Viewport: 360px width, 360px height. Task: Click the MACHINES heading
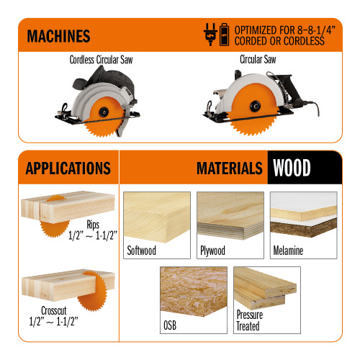tap(58, 35)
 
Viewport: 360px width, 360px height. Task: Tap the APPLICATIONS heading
tap(68, 168)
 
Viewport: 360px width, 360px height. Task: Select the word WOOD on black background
tap(292, 168)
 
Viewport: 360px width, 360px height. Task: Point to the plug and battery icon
tap(216, 34)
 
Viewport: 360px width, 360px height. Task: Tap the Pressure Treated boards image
tap(266, 288)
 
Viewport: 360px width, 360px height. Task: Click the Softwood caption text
tap(143, 251)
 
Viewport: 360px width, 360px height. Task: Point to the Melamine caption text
tap(289, 251)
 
